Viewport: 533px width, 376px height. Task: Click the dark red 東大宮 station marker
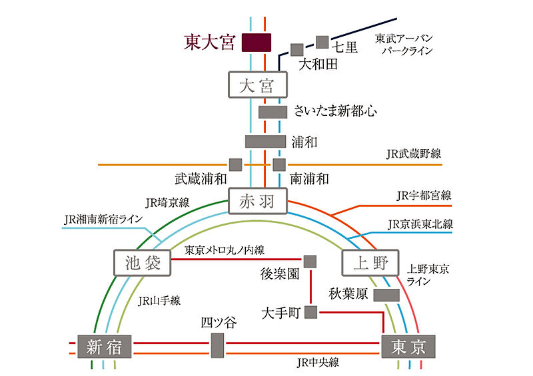[257, 43]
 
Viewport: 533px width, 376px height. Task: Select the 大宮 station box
[258, 85]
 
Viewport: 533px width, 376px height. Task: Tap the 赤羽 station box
[258, 201]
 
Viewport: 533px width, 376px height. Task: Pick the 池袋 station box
[142, 263]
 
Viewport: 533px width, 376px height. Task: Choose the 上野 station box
[370, 263]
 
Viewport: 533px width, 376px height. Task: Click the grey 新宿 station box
[105, 347]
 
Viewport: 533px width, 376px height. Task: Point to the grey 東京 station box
[408, 347]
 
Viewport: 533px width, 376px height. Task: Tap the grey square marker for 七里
[322, 42]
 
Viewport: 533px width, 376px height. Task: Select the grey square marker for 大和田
[296, 50]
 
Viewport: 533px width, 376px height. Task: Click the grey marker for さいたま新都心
[272, 112]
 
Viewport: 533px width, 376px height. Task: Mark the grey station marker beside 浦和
[265, 141]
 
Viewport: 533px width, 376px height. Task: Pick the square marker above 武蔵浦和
[236, 165]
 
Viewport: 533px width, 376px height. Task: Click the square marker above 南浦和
[279, 165]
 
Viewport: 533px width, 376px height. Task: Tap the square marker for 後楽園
[310, 262]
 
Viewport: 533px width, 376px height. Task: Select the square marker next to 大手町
[310, 312]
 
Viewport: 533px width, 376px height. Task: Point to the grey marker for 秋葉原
[386, 295]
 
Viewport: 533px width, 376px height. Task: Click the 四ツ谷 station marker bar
[218, 345]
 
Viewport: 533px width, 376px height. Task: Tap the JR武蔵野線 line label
[414, 154]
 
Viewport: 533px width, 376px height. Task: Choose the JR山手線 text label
[159, 301]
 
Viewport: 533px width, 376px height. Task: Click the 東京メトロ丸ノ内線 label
[225, 250]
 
